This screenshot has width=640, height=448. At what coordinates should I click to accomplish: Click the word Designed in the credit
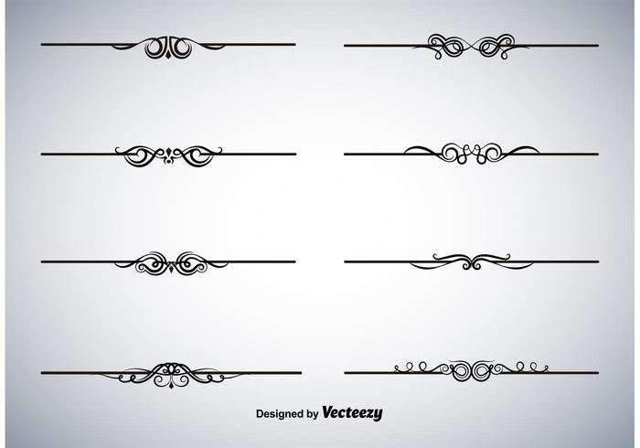281,414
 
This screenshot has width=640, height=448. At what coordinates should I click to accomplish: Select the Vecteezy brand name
352,413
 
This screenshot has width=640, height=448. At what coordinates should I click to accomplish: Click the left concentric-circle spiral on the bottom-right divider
461,371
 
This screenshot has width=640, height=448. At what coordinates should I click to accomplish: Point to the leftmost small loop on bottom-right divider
398,368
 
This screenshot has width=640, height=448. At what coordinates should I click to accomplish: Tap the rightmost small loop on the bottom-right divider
545,368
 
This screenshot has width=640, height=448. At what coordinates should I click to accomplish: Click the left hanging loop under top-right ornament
438,55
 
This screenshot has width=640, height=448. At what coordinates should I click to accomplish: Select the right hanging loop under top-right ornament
505,55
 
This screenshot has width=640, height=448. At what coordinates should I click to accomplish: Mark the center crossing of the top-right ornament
471,46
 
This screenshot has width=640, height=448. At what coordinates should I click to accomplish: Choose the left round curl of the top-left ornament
155,48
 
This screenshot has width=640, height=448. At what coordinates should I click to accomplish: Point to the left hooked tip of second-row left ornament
118,150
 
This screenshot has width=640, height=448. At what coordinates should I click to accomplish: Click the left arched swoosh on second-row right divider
421,150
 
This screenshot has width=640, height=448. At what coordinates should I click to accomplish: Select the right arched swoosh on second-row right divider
521,150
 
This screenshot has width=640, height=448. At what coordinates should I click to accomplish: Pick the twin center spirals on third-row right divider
472,264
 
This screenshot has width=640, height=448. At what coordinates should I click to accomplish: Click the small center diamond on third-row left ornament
171,268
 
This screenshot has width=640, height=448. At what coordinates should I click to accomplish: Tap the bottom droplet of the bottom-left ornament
171,385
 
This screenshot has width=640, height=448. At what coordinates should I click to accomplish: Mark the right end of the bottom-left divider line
301,373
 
